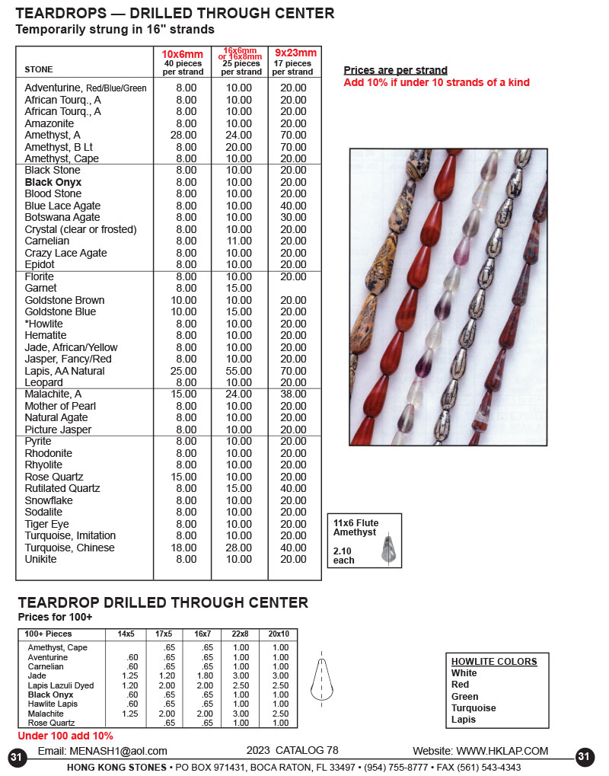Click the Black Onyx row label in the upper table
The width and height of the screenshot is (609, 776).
tap(53, 183)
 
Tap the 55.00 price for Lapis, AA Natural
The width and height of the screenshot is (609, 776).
tap(238, 371)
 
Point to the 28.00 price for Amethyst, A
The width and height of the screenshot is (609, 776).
tap(186, 135)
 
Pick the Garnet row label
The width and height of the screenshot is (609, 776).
tap(40, 289)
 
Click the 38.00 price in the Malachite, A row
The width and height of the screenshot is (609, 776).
tap(293, 394)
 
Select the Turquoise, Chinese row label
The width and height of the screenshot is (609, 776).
tap(69, 548)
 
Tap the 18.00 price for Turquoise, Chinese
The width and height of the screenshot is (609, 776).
tap(186, 548)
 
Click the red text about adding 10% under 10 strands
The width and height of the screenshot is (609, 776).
tap(436, 83)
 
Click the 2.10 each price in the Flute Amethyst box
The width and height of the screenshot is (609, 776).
tap(344, 555)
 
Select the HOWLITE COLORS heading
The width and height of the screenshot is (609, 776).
tap(494, 662)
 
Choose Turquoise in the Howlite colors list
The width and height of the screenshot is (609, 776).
tap(473, 708)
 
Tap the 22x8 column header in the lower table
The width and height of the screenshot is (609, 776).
tap(241, 634)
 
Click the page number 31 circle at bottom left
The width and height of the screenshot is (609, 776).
tap(17, 757)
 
